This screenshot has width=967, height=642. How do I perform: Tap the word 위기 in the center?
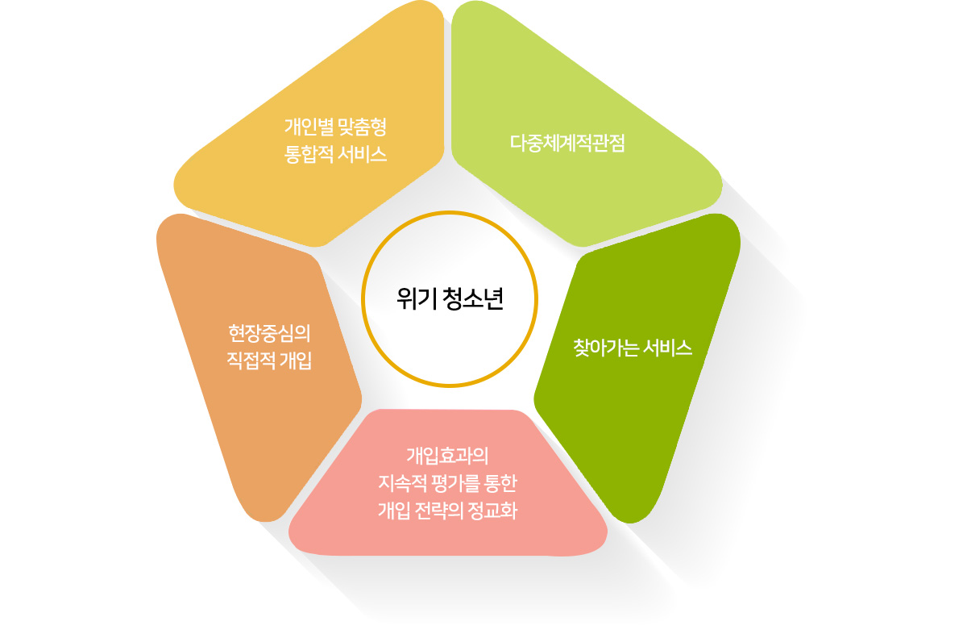click(416, 299)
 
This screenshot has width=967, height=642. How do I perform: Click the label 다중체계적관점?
click(568, 144)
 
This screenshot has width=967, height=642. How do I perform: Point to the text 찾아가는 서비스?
click(633, 348)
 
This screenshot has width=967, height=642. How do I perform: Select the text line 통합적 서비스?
click(336, 153)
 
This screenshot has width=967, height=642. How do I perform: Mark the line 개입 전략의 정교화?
click(446, 511)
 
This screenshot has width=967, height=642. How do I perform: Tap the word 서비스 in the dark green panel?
click(670, 348)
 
